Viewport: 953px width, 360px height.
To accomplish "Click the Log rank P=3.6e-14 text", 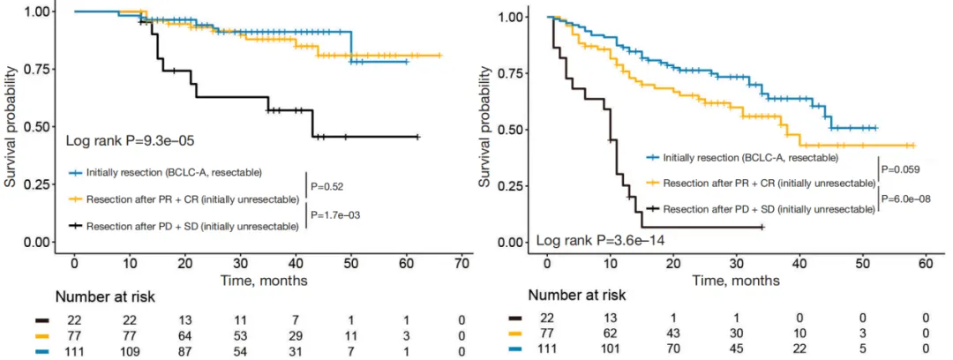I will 588,241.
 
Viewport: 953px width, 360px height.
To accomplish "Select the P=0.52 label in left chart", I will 330,186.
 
